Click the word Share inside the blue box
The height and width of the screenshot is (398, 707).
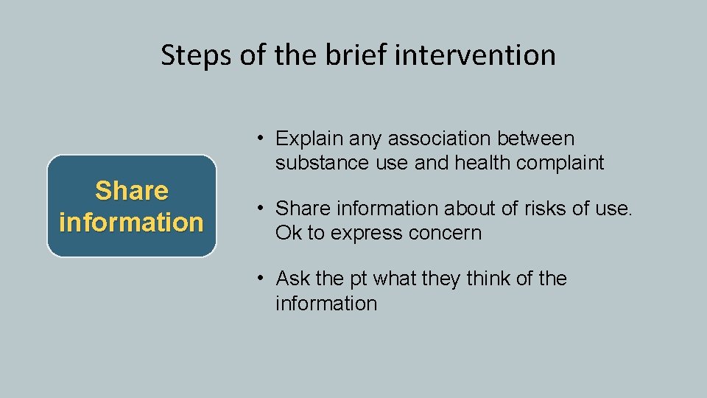point(131,191)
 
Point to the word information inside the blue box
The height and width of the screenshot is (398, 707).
point(131,222)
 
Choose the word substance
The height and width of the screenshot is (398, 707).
point(321,163)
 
